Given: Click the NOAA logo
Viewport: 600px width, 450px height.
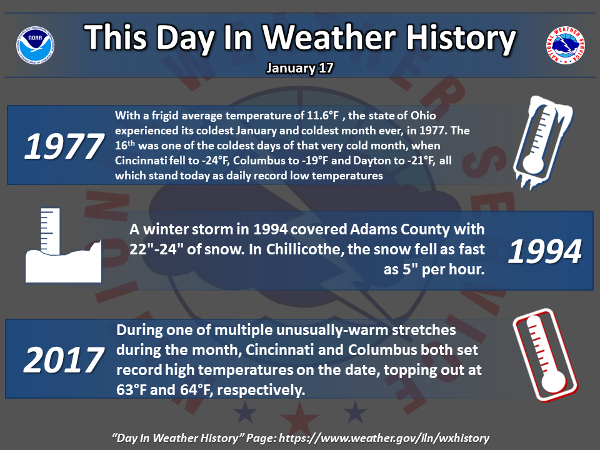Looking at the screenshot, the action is pyautogui.click(x=35, y=45).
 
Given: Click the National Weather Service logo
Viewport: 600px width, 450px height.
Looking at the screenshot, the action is pyautogui.click(x=565, y=45).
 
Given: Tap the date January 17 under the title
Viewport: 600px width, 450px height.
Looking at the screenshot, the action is pyautogui.click(x=300, y=68).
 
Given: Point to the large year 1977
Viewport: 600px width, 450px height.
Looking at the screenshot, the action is pyautogui.click(x=64, y=146).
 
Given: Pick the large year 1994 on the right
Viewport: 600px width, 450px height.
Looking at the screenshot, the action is pyautogui.click(x=545, y=251).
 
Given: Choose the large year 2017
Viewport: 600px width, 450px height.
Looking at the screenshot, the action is pyautogui.click(x=64, y=359).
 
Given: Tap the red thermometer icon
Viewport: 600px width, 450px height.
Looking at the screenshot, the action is pyautogui.click(x=545, y=355).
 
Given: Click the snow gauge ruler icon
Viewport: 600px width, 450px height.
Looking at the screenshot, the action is pyautogui.click(x=64, y=245).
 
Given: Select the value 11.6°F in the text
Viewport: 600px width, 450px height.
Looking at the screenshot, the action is pyautogui.click(x=322, y=116).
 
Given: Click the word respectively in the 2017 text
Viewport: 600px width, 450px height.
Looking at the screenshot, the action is pyautogui.click(x=261, y=390).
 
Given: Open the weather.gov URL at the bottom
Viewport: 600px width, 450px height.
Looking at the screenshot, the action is pyautogui.click(x=384, y=438).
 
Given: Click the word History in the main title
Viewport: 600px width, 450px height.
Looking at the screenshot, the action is pyautogui.click(x=461, y=38).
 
